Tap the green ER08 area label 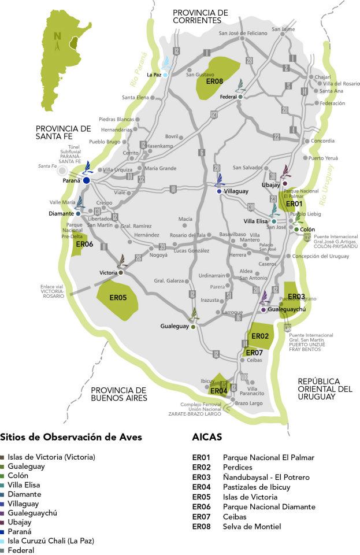point(214,82)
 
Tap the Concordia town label point(322,141)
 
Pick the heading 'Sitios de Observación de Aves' point(71,437)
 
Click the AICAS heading point(207,437)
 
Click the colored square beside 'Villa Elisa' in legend point(3,485)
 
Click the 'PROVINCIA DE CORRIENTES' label point(201,16)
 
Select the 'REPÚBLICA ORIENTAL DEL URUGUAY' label point(325,389)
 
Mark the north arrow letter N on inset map point(57,36)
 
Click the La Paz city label point(154,75)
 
